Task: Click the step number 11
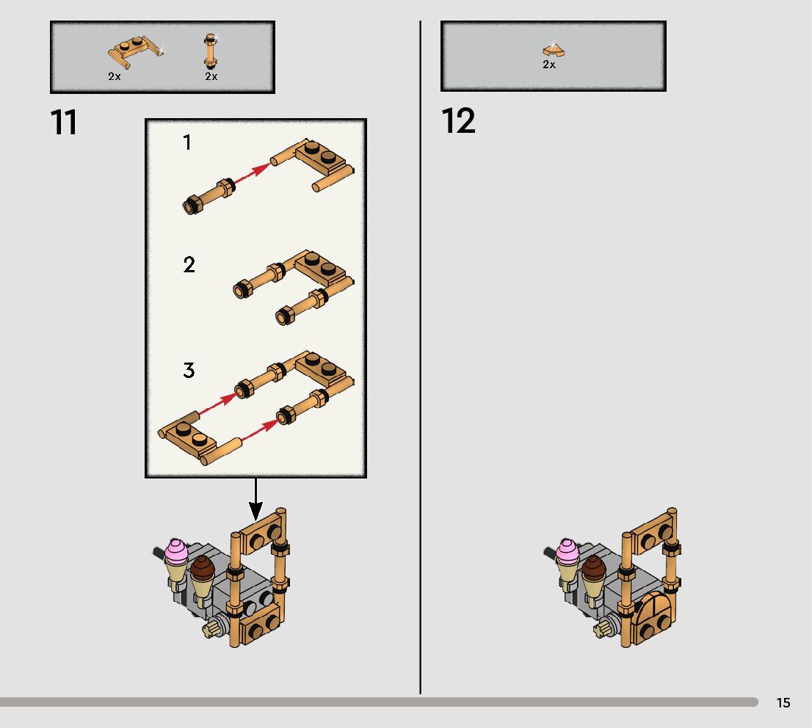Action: [64, 123]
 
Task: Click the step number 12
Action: [458, 121]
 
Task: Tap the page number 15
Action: [783, 702]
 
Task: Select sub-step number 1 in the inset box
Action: [187, 142]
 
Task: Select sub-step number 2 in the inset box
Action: [189, 265]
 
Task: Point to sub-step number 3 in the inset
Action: [189, 370]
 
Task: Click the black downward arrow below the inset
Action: [255, 499]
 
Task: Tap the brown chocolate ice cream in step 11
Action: [203, 568]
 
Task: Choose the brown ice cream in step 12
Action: [594, 568]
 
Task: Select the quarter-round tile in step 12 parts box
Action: [554, 50]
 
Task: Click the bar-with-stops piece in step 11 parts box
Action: [210, 51]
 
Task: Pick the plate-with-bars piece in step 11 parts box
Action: [134, 51]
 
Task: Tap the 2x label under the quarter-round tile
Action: [549, 65]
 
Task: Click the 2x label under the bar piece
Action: [211, 76]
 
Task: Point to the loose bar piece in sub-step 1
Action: [209, 197]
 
